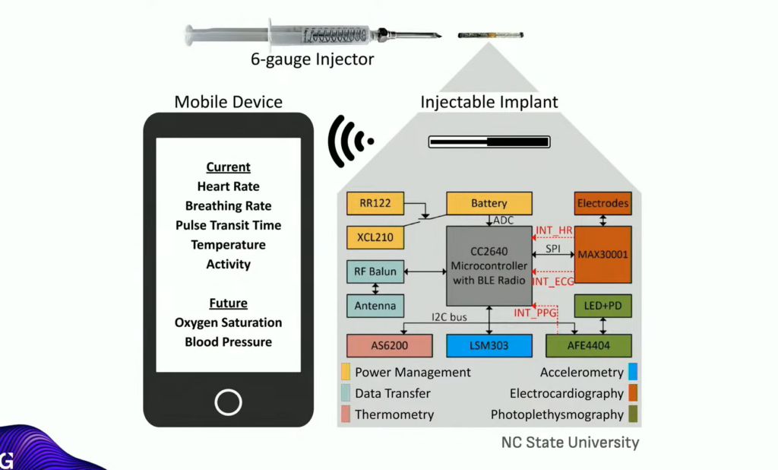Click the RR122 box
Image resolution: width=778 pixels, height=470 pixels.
[375, 203]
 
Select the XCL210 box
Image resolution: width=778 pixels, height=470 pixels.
[375, 237]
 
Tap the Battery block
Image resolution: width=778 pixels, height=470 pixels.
[489, 203]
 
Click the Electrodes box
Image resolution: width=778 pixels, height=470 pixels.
[602, 203]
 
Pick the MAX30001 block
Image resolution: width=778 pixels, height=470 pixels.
[602, 254]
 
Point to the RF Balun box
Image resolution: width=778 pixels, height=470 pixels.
[375, 272]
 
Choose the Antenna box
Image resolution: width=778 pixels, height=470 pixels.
[375, 306]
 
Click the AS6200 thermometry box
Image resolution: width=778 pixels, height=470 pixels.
[390, 345]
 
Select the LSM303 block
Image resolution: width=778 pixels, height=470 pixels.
[489, 345]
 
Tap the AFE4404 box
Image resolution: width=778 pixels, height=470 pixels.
[588, 345]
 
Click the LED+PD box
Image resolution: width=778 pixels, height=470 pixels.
[602, 306]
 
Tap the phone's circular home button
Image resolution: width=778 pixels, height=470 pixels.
[228, 402]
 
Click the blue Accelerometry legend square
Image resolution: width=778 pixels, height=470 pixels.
[633, 372]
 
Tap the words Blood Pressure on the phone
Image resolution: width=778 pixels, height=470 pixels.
[228, 342]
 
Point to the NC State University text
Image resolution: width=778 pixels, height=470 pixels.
[570, 442]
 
